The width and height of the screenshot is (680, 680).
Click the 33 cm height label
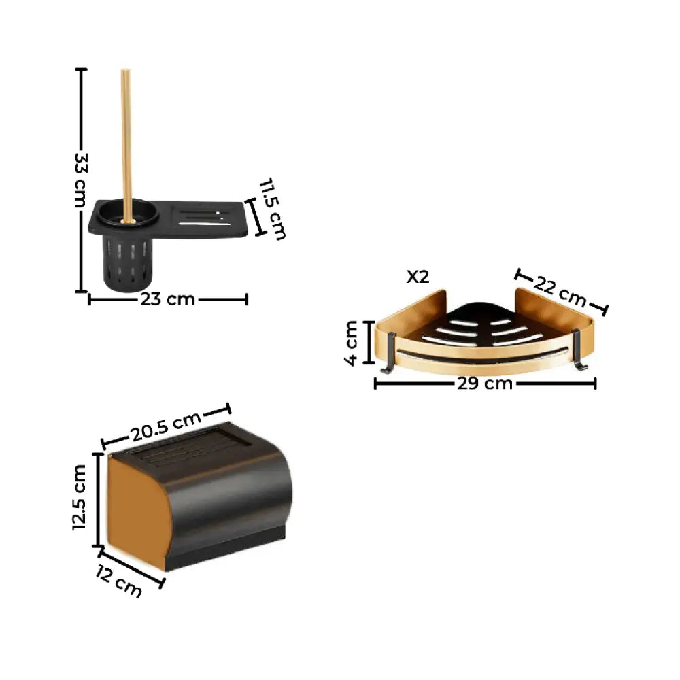81,180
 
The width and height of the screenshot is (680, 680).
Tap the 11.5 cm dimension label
272,209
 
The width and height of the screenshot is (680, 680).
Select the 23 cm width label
167,299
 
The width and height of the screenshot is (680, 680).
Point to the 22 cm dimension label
560,291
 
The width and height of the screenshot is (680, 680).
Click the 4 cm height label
351,343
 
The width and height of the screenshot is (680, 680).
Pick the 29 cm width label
485,384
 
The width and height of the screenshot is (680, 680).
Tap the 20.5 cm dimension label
166,426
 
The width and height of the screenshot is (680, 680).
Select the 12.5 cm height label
80,498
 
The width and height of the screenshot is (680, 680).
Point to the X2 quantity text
418,277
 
